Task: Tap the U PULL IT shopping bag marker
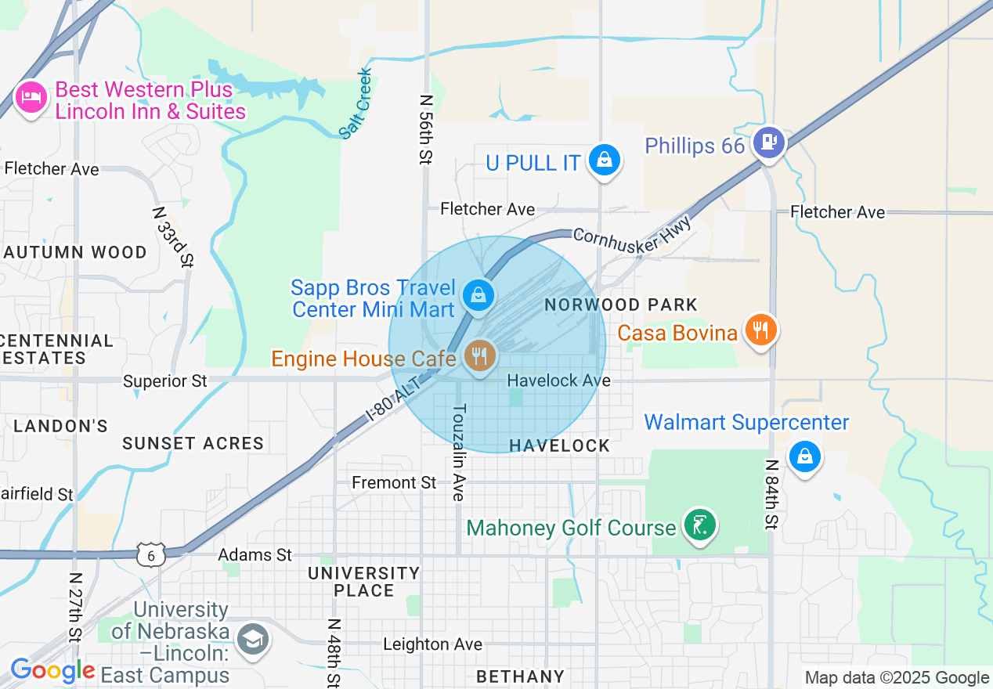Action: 604,161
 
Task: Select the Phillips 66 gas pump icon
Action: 769,142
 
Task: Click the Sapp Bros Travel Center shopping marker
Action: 477,295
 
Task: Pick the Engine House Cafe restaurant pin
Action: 480,356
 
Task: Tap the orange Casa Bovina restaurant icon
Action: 760,330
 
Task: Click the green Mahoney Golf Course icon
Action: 700,525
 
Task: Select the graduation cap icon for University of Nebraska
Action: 254,640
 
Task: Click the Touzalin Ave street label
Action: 459,452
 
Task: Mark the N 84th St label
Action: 771,494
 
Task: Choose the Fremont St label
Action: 394,482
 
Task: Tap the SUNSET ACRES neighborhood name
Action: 193,443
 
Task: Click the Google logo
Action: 52,671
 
